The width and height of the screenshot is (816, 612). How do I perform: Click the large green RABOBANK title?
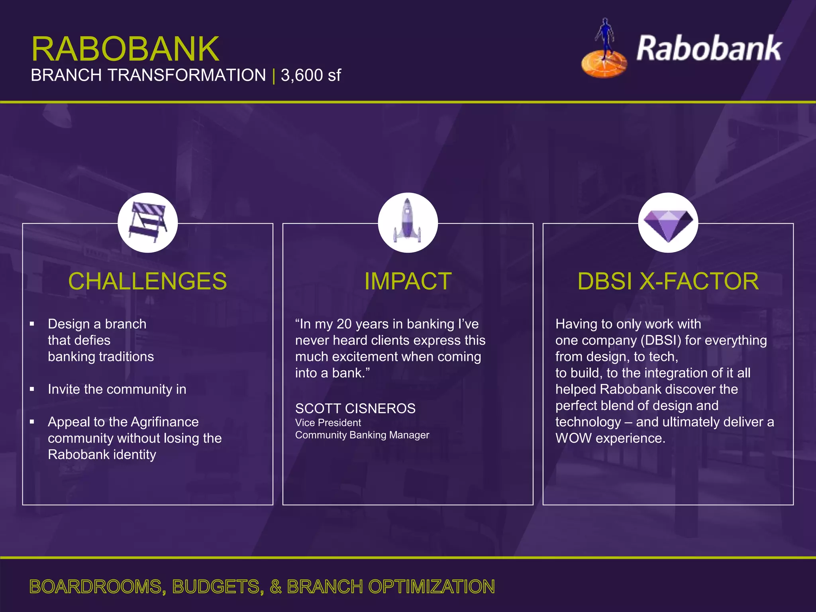tap(125, 49)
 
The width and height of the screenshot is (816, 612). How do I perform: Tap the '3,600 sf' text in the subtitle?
tap(311, 75)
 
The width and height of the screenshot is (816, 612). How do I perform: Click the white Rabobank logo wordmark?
tap(709, 49)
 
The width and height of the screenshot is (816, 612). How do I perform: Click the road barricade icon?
tap(147, 222)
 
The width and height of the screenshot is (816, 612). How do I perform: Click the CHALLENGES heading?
tap(147, 281)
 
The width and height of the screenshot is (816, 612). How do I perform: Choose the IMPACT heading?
tap(408, 281)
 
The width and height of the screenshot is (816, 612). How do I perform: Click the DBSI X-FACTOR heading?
tap(668, 281)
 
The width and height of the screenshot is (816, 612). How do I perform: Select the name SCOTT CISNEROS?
tap(355, 408)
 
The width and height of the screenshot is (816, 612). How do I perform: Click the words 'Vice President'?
tap(328, 423)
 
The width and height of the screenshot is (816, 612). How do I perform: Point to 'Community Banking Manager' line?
tap(362, 435)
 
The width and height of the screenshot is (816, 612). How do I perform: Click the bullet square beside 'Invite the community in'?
tap(32, 389)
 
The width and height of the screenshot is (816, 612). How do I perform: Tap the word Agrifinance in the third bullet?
tap(165, 422)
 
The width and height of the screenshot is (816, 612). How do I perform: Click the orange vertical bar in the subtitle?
tap(274, 76)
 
